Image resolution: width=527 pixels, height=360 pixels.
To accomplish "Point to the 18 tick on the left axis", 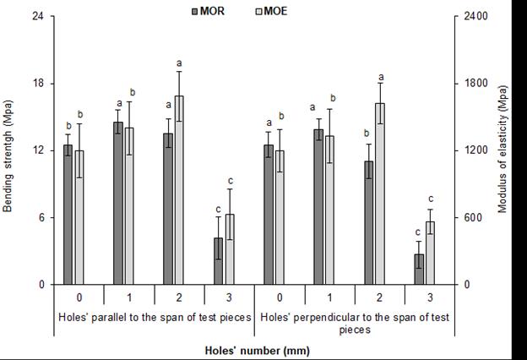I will [39, 84].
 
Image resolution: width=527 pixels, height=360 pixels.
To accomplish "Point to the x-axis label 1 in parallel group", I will [128, 297].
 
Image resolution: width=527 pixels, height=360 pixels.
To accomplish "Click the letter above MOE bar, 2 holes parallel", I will [179, 63].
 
